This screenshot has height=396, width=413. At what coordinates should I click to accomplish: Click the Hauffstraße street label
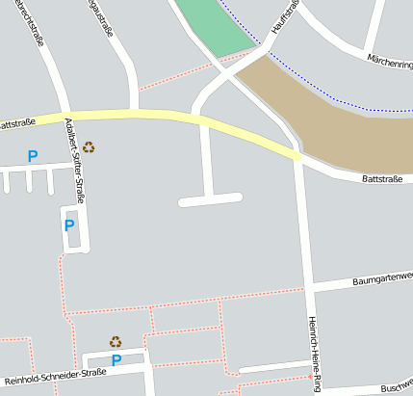click(x=285, y=17)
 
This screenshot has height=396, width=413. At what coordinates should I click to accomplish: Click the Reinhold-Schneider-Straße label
click(x=54, y=376)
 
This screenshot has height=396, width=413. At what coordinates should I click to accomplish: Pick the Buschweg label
click(x=396, y=387)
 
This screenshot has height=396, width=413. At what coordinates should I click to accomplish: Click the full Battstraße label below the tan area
click(x=382, y=178)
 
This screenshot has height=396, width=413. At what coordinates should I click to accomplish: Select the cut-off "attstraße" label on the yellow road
click(x=17, y=123)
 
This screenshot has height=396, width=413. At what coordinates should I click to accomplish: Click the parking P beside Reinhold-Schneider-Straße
click(x=116, y=360)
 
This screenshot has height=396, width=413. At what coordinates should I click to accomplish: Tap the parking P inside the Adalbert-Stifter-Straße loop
click(x=68, y=225)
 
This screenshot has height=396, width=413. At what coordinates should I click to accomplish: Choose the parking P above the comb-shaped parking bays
click(x=33, y=155)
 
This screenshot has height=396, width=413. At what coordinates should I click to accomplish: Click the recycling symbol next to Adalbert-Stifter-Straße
click(x=89, y=147)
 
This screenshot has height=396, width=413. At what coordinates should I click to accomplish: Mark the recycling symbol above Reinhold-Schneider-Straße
click(x=116, y=341)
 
